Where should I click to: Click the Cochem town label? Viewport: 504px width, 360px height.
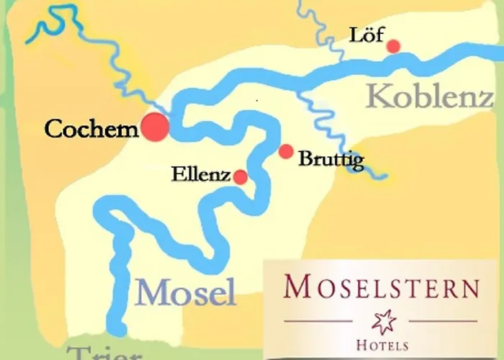[91, 130]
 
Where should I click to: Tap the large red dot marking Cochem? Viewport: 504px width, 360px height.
[155, 127]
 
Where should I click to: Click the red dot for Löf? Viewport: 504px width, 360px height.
[393, 47]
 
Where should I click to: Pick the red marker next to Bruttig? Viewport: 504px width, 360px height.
[286, 151]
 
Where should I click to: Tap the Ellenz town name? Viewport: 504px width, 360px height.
[201, 175]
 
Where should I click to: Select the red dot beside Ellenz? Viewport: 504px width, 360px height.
[240, 177]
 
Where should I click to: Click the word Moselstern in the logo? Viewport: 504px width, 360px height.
[381, 288]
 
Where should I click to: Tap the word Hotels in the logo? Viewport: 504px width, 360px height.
[382, 345]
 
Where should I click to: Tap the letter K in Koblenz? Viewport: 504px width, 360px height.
[378, 96]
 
